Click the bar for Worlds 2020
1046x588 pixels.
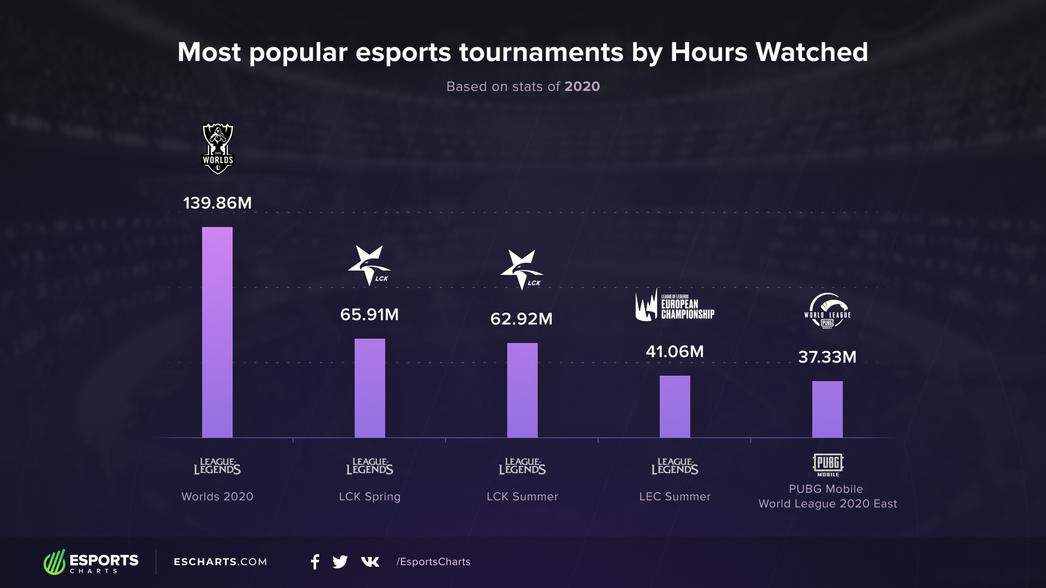tap(217, 332)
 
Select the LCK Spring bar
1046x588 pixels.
tap(370, 388)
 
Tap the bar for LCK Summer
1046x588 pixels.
tap(522, 390)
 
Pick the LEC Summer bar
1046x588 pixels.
tap(675, 406)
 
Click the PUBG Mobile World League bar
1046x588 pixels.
tap(828, 409)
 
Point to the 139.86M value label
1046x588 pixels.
tap(217, 203)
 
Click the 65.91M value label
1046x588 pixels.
tap(369, 315)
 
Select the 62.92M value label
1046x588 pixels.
tap(521, 319)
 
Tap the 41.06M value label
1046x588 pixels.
tap(674, 352)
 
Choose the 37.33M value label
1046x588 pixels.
tap(827, 357)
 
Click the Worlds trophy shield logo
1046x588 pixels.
tap(218, 149)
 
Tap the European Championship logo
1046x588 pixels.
tap(674, 306)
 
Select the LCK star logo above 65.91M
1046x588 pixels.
tap(369, 265)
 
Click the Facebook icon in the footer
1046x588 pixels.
tap(315, 562)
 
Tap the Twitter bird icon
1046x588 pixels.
tap(340, 562)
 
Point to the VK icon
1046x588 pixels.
tap(370, 562)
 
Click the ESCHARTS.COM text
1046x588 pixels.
tap(221, 562)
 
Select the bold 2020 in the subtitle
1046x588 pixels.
tap(582, 87)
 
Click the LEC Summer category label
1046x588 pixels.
tap(675, 497)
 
